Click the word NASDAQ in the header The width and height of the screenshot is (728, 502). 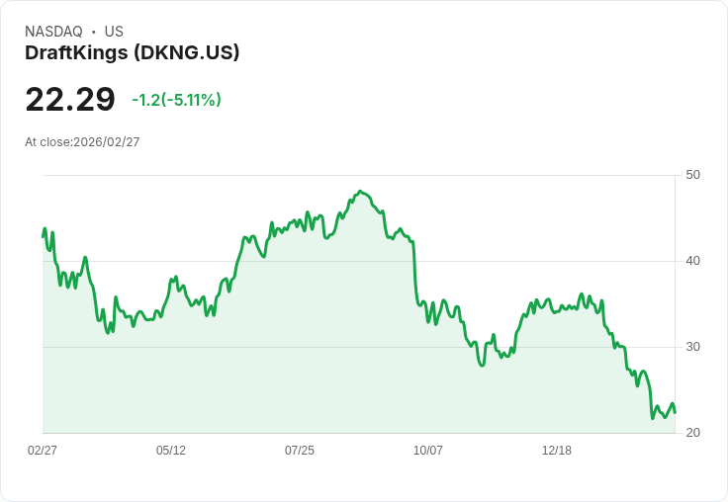point(53,32)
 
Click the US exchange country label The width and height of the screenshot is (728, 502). point(114,32)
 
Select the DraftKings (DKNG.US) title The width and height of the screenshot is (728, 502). point(132,53)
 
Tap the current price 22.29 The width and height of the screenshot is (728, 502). point(70,100)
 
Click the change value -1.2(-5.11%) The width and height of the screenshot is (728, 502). point(176,100)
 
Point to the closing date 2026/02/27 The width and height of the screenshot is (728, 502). point(107,142)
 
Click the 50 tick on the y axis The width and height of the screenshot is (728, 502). point(693,175)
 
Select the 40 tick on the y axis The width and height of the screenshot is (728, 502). point(693,261)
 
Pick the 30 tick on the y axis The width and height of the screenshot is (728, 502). point(693,347)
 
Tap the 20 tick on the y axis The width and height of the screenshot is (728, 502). point(693,433)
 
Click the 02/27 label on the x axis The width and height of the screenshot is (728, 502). point(43,451)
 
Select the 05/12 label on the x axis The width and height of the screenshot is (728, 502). point(171,451)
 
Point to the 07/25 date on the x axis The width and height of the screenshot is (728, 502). point(300,451)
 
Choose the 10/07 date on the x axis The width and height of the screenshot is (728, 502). point(428,451)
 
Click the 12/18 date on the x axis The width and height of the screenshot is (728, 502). point(557,451)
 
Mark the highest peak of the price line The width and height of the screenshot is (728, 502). point(360,191)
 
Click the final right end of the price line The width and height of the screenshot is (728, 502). point(675,412)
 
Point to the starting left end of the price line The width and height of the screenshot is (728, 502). point(43,236)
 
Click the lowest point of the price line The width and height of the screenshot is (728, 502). point(653,418)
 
